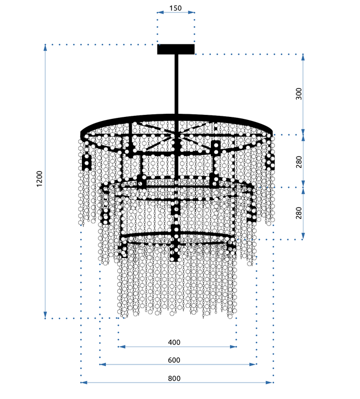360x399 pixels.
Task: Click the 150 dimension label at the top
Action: tap(176, 8)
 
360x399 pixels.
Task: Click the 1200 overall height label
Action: tap(40, 180)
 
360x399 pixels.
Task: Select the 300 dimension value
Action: tap(299, 94)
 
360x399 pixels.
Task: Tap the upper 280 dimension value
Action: tap(299, 161)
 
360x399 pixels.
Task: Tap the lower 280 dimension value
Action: tap(299, 213)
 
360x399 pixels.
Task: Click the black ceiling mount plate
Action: tap(176, 49)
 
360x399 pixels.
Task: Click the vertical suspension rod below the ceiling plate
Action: tap(176, 82)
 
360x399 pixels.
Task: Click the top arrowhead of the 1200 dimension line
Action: tap(46, 47)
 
